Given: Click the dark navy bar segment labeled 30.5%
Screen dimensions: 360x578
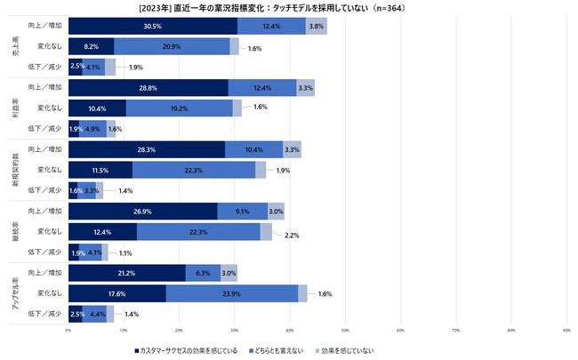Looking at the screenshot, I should click(x=152, y=27).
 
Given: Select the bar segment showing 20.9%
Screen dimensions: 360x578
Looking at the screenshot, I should click(x=172, y=46).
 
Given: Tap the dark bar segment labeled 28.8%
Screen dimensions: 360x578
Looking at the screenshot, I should click(x=148, y=87).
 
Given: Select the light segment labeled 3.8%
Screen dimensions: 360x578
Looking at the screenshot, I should click(x=317, y=27).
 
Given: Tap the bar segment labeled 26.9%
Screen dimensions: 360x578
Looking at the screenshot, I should click(x=142, y=211).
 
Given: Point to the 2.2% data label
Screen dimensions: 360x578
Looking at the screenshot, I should click(x=291, y=236).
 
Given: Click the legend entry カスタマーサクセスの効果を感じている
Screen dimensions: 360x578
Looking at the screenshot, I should click(x=189, y=350).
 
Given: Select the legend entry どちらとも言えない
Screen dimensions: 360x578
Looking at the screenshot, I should click(x=277, y=350).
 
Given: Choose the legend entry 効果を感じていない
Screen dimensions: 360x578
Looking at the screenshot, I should click(x=348, y=350).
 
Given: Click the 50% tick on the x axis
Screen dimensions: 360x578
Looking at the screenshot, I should click(x=345, y=331).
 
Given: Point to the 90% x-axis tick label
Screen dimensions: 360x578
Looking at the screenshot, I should click(x=566, y=331).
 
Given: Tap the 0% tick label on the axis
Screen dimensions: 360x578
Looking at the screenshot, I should click(x=68, y=331).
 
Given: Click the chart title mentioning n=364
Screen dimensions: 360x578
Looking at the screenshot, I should click(x=289, y=7).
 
